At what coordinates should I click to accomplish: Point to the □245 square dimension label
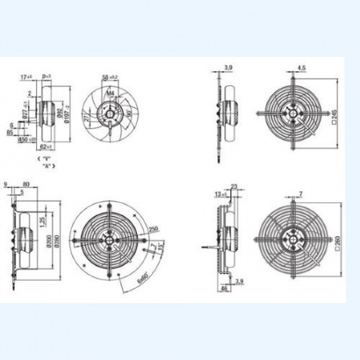click(331, 120)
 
